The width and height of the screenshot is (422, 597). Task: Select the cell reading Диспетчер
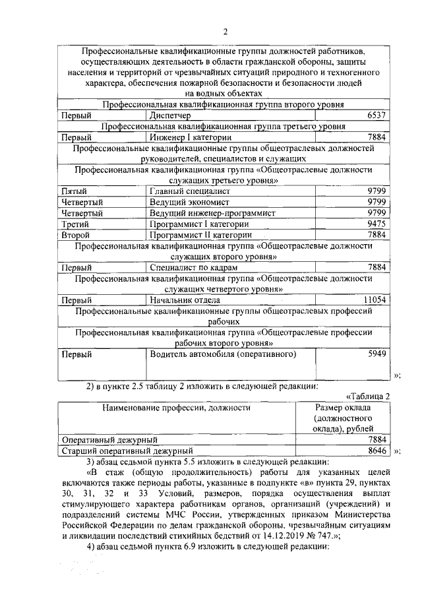(172, 115)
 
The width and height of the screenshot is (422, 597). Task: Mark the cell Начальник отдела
(184, 299)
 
